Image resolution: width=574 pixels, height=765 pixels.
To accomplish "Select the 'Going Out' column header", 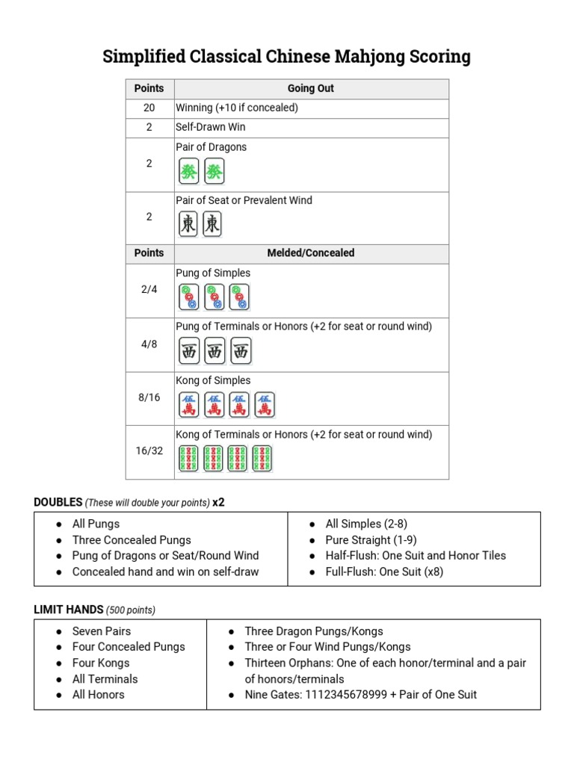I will coord(310,88).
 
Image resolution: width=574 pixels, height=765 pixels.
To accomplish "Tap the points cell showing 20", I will coord(149,108).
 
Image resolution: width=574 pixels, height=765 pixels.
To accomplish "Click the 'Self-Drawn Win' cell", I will coord(211,127).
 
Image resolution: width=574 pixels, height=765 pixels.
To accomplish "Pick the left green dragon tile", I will coord(189,172).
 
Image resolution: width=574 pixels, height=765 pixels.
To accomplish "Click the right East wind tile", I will coord(213,224).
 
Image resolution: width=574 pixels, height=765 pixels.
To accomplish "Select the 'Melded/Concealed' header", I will coord(310,253).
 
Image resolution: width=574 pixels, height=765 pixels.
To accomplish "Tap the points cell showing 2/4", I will coord(149,289).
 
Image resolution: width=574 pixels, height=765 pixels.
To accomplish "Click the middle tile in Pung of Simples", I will coord(215,297).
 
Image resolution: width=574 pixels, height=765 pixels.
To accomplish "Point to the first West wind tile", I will coord(189,351).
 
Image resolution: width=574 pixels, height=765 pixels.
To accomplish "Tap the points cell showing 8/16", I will coord(149,397).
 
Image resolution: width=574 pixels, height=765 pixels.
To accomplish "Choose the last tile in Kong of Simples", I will coord(265,405).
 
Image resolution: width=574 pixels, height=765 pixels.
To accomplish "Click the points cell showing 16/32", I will coord(149,450).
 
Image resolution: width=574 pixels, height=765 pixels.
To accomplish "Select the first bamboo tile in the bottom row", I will coord(188,458).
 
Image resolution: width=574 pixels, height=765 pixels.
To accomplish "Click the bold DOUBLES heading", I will coord(58,502).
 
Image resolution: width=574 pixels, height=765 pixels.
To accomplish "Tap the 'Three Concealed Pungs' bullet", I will coord(132,539).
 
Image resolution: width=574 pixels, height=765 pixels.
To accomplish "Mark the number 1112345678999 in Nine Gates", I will coord(348,694).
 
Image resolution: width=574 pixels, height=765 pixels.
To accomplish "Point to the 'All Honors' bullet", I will coord(99,694).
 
